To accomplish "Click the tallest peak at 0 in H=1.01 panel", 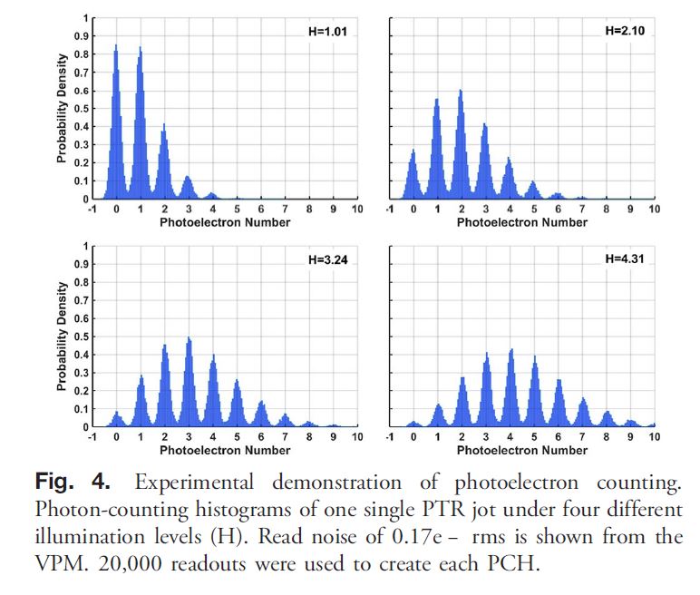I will coord(116,48).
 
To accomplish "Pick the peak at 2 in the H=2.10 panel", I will coord(461,92).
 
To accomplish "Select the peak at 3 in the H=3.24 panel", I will coord(189,339).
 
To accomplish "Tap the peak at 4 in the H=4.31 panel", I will coord(510,350).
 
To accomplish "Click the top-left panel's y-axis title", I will coord(62,108).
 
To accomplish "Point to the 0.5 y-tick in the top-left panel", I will coord(83,109).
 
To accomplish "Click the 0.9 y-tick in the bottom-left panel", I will coord(83,264).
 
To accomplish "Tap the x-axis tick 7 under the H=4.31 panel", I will coord(582,437).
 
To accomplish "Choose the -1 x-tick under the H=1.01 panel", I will coord(92,210).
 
